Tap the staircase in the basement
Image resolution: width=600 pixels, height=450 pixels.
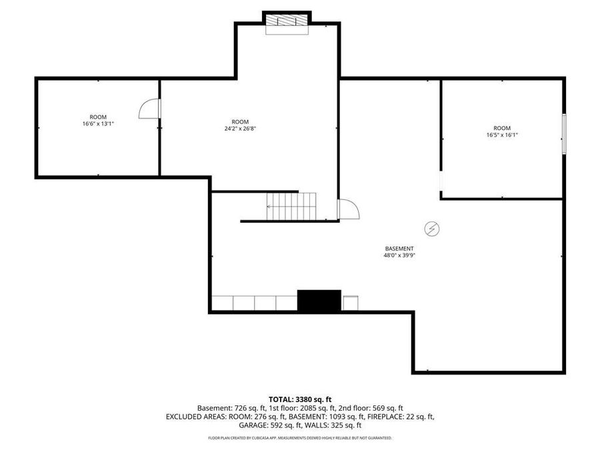(x=292, y=206)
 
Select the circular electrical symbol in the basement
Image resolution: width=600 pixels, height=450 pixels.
(x=433, y=229)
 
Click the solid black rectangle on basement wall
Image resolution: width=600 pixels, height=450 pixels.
(x=319, y=301)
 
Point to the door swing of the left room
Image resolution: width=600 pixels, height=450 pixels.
(x=149, y=109)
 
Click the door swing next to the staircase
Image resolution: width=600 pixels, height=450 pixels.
(x=349, y=209)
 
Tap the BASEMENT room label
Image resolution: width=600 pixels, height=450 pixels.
(x=399, y=249)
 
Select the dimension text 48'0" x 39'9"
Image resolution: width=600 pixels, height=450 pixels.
(x=399, y=255)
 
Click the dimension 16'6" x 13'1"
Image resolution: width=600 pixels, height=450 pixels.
(x=98, y=123)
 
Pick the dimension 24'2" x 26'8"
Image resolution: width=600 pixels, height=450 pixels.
(x=240, y=128)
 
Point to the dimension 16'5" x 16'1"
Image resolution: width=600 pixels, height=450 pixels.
(x=502, y=135)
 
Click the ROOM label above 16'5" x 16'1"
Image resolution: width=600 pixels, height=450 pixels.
(x=502, y=128)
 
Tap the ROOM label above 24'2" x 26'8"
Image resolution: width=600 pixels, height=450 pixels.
(x=240, y=121)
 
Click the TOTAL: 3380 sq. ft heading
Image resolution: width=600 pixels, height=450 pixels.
(x=300, y=399)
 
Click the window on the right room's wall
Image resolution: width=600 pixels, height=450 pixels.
(x=563, y=134)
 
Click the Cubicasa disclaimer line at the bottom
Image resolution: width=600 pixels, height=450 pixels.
(x=300, y=438)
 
